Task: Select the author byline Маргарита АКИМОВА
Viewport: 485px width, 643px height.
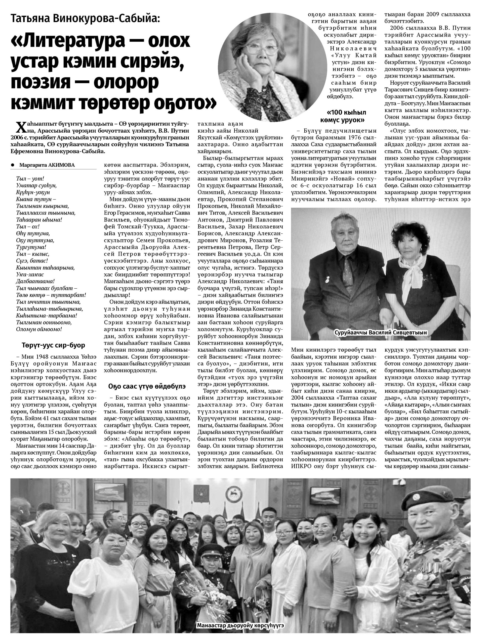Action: pyautogui.click(x=47, y=165)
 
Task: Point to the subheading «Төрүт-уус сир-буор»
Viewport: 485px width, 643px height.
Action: pyautogui.click(x=53, y=345)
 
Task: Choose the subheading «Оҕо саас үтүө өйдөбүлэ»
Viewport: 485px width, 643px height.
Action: pyautogui.click(x=147, y=386)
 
